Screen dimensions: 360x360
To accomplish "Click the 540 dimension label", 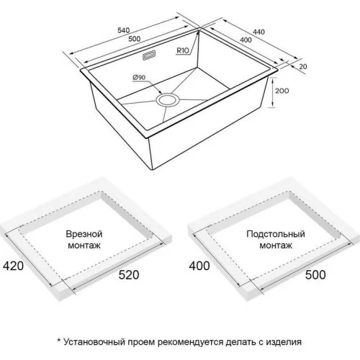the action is coord(124,30).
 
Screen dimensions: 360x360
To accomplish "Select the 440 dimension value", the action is coord(258,32).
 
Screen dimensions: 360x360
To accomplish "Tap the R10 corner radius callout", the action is coord(183,50).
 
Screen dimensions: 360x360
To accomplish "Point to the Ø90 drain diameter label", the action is coord(139,77).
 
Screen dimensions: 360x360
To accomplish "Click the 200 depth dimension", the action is coord(282,91).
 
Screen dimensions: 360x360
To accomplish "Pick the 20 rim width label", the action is coord(303,66).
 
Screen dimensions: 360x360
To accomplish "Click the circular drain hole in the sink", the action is coord(168,100).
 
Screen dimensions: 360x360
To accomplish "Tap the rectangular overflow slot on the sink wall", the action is coord(149,55).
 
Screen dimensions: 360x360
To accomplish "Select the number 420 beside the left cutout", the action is coord(13,266).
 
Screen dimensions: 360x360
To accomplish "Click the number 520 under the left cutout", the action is coord(129,275).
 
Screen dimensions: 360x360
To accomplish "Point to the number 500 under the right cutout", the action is coord(315,275).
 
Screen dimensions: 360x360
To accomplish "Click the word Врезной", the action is coord(84,234).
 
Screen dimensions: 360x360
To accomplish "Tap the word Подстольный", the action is coord(276,234).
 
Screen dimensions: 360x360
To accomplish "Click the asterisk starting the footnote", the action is coord(59,340).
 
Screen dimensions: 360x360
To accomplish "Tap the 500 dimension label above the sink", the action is coord(135,38).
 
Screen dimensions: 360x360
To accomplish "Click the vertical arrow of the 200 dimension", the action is coord(273,93).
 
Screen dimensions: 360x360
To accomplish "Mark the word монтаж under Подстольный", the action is coord(276,246).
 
